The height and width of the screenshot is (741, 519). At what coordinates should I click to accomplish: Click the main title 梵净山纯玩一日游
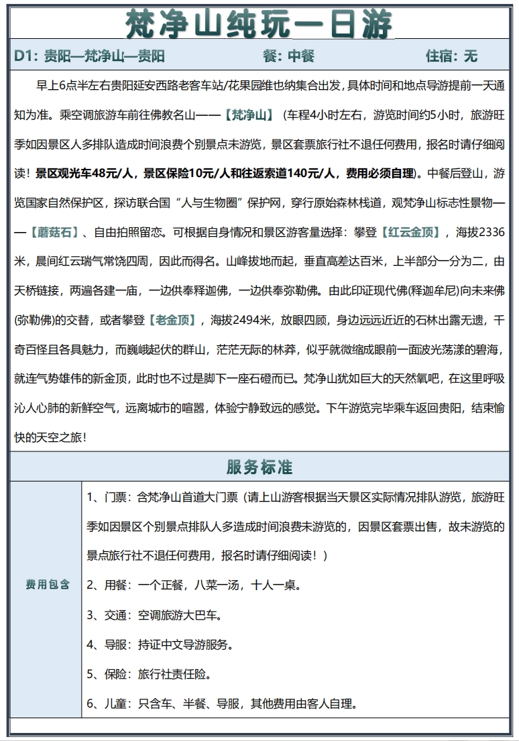click(x=259, y=25)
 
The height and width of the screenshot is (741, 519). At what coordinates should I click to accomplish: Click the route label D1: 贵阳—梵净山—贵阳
click(x=89, y=56)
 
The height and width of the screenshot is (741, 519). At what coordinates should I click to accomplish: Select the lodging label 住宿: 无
click(x=451, y=56)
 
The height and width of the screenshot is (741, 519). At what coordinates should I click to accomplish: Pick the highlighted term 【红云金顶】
click(x=410, y=233)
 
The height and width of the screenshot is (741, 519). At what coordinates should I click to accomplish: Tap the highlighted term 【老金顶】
click(x=172, y=321)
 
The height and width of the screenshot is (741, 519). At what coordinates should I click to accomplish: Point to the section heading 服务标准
click(x=259, y=467)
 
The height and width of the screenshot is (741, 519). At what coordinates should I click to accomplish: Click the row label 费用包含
click(x=48, y=585)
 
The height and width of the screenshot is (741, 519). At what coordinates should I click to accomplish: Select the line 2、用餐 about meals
click(x=194, y=585)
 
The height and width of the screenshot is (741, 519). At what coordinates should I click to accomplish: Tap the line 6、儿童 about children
click(x=221, y=703)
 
